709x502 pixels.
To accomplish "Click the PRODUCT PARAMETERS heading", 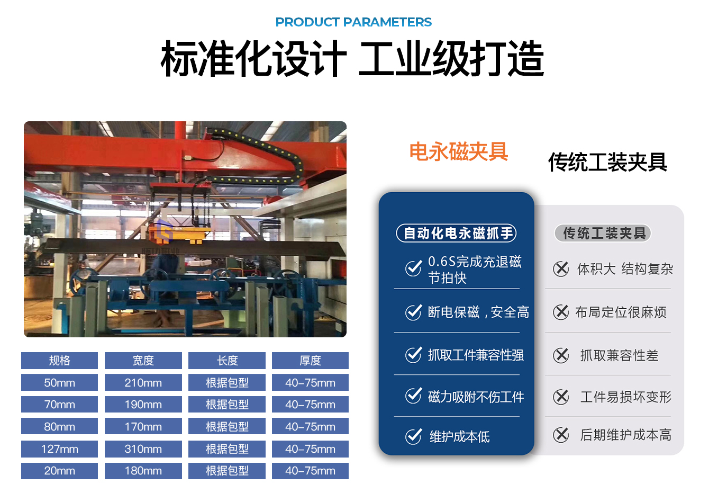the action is click(x=353, y=22).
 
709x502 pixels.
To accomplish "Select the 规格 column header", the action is click(x=59, y=361).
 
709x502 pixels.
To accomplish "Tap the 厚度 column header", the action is click(x=310, y=361).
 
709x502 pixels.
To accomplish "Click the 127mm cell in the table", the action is click(x=59, y=449).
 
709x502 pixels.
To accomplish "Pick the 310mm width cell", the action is click(x=143, y=449).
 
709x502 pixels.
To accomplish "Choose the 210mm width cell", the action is click(x=143, y=383).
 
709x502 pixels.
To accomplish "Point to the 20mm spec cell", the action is click(x=59, y=471).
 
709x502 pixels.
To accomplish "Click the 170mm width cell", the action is click(x=143, y=427).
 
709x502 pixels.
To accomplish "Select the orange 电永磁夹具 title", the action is click(x=459, y=151).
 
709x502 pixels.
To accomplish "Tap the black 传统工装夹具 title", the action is click(x=608, y=162).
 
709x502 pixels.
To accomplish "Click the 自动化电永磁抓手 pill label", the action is click(x=456, y=234).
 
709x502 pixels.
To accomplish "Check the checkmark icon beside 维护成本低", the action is click(x=413, y=436).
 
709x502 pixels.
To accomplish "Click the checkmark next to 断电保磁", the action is click(x=413, y=312).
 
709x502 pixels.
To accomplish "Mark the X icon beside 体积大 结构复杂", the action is click(x=561, y=269).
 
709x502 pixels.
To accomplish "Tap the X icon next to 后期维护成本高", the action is click(x=561, y=435).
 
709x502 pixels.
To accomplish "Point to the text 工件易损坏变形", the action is click(x=626, y=397).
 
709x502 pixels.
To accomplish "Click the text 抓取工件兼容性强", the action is click(x=476, y=355).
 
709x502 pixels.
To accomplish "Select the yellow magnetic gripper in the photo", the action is click(x=179, y=233).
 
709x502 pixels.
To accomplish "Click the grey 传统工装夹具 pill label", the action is click(x=603, y=234).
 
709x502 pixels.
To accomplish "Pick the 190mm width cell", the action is click(x=143, y=405).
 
